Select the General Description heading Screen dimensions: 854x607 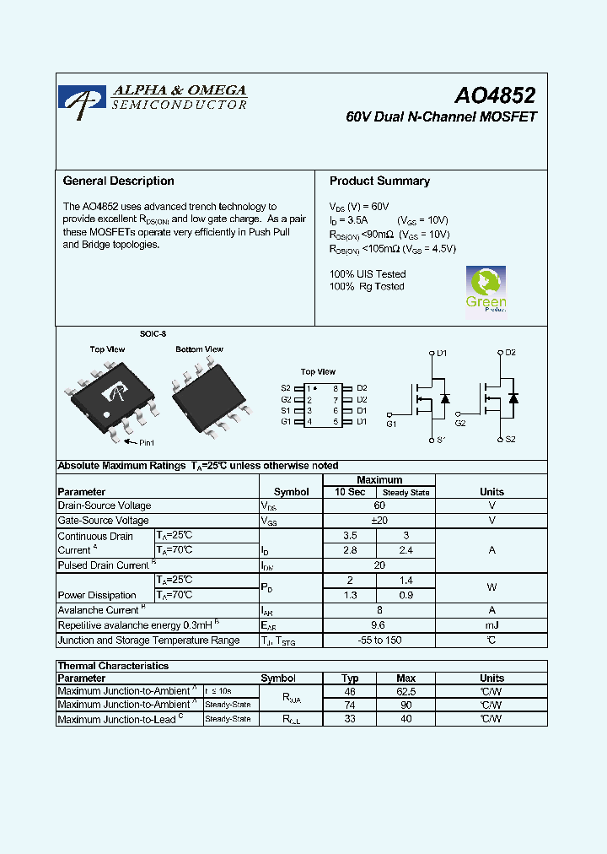tap(119, 181)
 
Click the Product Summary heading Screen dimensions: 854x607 tap(379, 181)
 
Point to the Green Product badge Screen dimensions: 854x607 tap(486, 291)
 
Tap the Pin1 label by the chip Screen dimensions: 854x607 tap(146, 442)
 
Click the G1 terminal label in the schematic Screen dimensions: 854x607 tap(391, 424)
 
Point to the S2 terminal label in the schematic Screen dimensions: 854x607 tap(511, 440)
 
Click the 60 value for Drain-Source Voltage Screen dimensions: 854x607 tap(379, 505)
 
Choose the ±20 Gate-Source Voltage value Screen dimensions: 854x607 tap(379, 521)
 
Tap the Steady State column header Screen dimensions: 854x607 tap(406, 492)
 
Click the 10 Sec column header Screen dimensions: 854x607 tap(350, 492)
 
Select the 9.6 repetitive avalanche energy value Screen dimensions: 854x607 tap(379, 625)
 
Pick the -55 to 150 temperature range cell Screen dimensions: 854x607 tap(379, 640)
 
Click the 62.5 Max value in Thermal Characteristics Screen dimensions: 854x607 tap(406, 691)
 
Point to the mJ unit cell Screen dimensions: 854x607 tap(492, 625)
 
